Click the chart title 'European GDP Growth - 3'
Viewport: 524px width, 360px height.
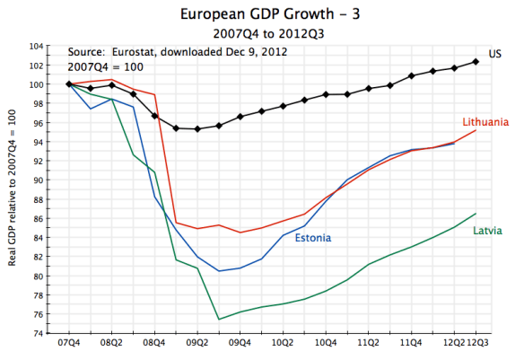[x=261, y=15]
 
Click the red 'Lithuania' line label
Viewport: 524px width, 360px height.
[x=485, y=121]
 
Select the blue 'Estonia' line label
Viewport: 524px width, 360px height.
[x=312, y=237]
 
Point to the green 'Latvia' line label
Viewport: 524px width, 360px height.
[x=486, y=231]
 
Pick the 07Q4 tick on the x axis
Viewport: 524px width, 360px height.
[x=69, y=343]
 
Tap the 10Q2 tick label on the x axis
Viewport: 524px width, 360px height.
[x=284, y=343]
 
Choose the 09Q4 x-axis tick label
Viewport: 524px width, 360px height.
[x=240, y=343]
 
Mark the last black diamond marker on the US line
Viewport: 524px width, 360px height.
[x=475, y=61]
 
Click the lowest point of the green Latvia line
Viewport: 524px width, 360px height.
[x=219, y=319]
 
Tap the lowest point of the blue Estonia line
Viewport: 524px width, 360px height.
[x=219, y=271]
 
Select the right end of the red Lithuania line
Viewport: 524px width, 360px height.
[x=476, y=130]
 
